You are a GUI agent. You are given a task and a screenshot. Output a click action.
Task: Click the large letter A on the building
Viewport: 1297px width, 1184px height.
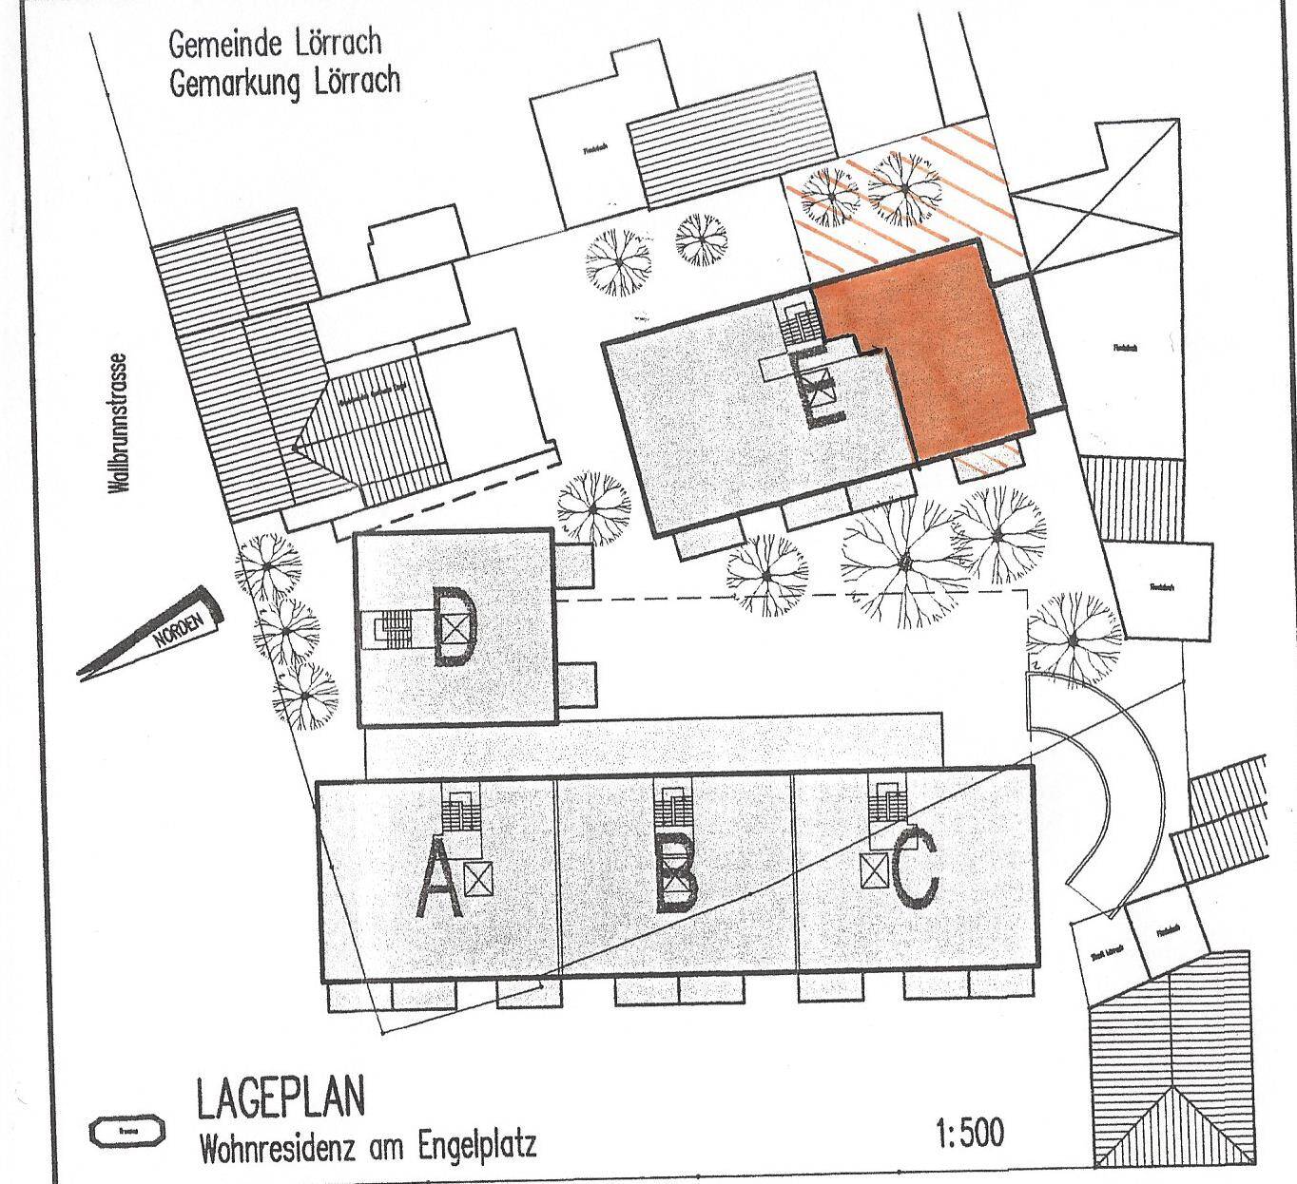coord(437,883)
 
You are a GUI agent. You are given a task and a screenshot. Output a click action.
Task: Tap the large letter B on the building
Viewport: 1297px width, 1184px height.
coord(677,881)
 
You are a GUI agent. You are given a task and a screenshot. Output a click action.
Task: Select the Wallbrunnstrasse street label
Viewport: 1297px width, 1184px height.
coord(119,424)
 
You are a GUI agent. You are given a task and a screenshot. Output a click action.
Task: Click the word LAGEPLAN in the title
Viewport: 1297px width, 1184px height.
coord(280,1098)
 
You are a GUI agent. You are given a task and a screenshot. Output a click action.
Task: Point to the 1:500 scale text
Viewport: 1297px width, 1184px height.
coord(969,1134)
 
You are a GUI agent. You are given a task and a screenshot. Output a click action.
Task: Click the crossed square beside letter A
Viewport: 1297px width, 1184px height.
coord(479,879)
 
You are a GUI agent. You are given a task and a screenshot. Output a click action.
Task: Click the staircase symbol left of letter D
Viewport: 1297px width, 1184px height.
coord(393,628)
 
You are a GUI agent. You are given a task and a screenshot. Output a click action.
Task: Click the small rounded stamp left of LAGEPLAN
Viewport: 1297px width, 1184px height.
coord(126,1132)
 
